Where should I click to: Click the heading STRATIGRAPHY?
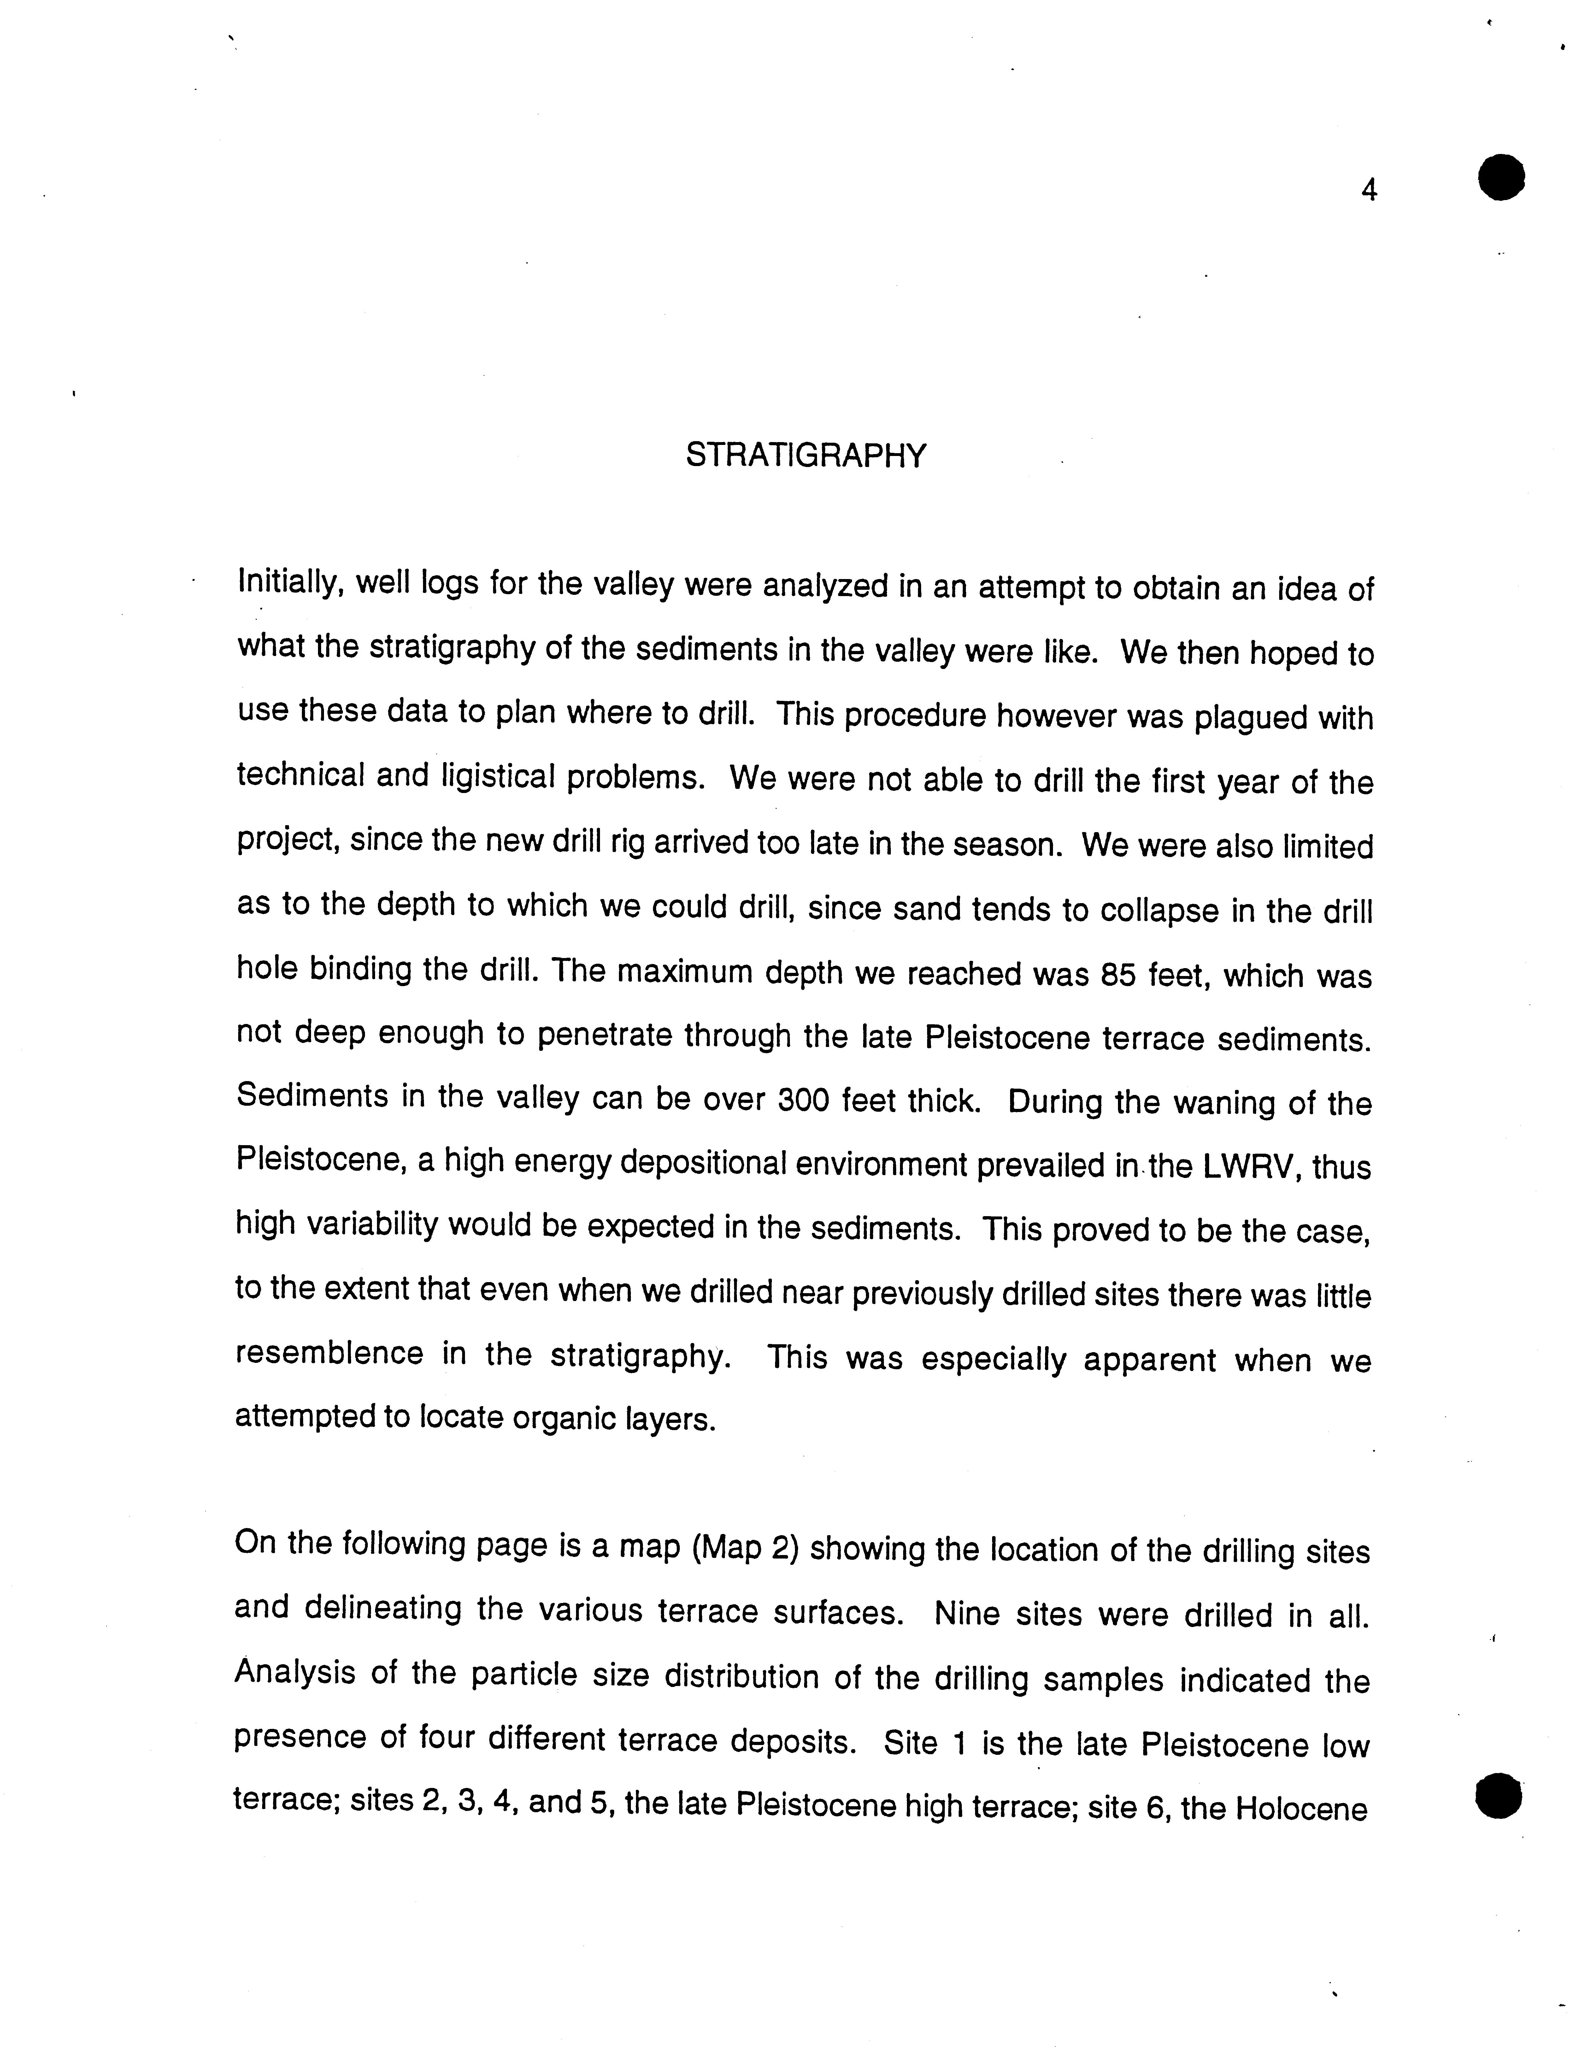(806, 455)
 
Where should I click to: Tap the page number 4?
(1369, 191)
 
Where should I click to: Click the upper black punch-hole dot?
(1501, 177)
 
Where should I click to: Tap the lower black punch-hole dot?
(1499, 1796)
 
